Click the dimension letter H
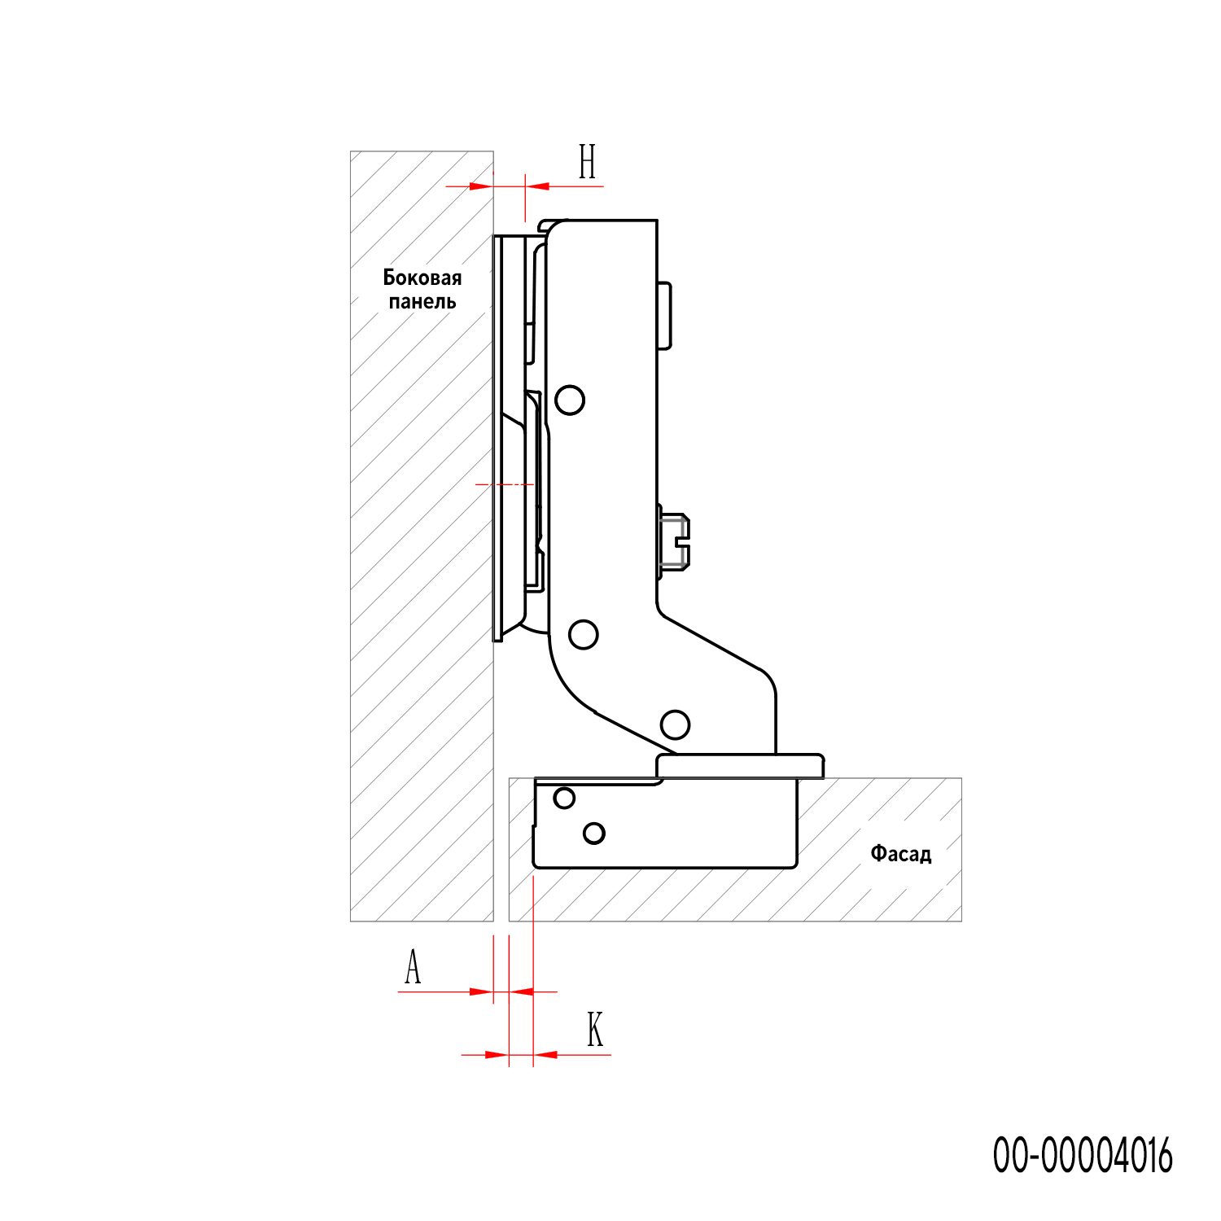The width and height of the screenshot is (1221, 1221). (588, 161)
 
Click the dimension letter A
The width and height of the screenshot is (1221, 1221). (413, 967)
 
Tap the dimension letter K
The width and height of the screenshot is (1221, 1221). (595, 1030)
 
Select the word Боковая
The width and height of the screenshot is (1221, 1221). (422, 278)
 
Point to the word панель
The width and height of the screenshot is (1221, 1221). (422, 302)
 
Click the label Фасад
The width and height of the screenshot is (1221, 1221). (901, 854)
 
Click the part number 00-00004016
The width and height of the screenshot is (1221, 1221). (1083, 1155)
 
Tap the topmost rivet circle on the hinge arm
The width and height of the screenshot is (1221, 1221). (570, 400)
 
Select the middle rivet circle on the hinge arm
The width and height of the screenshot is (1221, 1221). (583, 633)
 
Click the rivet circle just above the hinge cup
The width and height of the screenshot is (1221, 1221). (675, 724)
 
